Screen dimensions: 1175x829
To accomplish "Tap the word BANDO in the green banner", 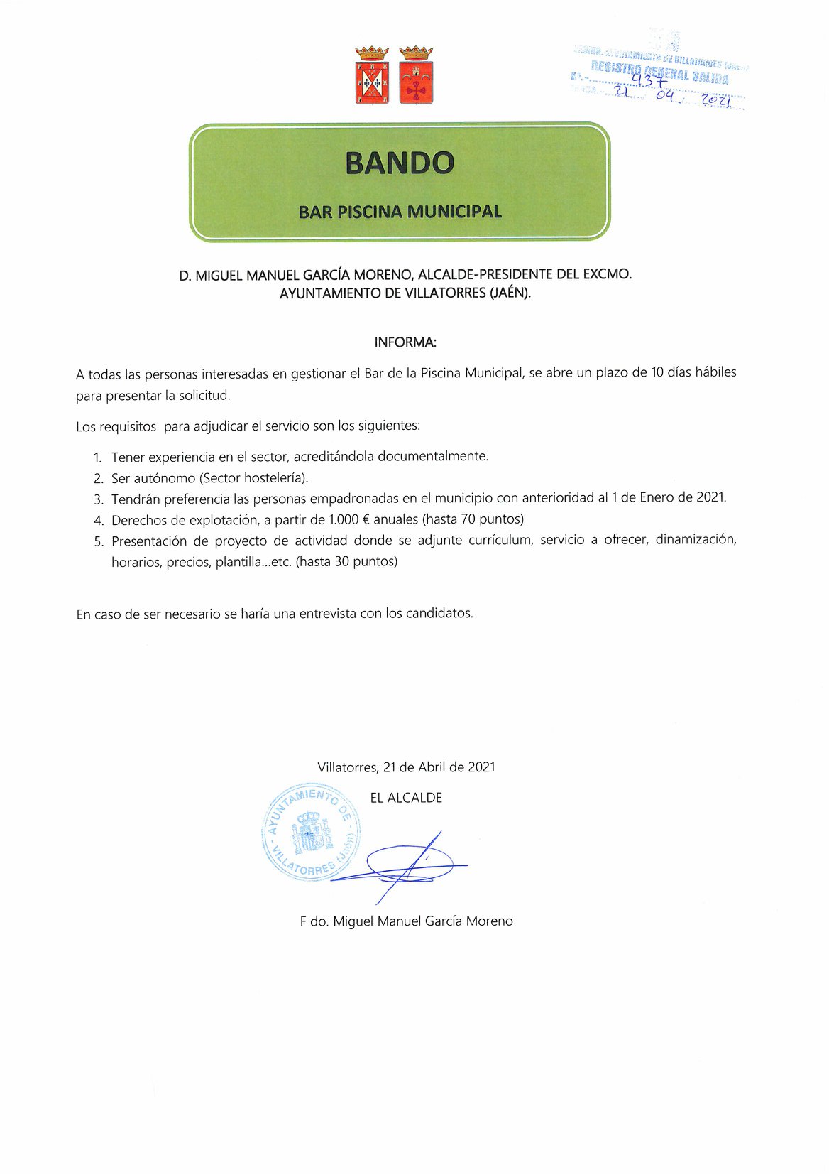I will (x=400, y=163).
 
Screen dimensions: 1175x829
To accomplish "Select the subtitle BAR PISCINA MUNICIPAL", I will (x=400, y=212).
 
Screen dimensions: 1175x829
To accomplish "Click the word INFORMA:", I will (x=405, y=342).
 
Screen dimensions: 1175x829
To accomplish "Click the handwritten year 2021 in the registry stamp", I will (x=715, y=101).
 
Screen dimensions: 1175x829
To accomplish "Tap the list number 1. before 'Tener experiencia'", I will (x=98, y=457).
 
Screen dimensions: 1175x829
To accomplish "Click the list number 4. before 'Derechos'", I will (x=98, y=520).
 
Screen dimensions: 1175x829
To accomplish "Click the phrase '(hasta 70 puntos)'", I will (x=474, y=519).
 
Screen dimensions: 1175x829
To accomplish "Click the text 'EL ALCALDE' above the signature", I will (x=406, y=798).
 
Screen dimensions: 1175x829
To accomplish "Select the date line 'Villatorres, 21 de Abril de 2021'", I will (x=406, y=767).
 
